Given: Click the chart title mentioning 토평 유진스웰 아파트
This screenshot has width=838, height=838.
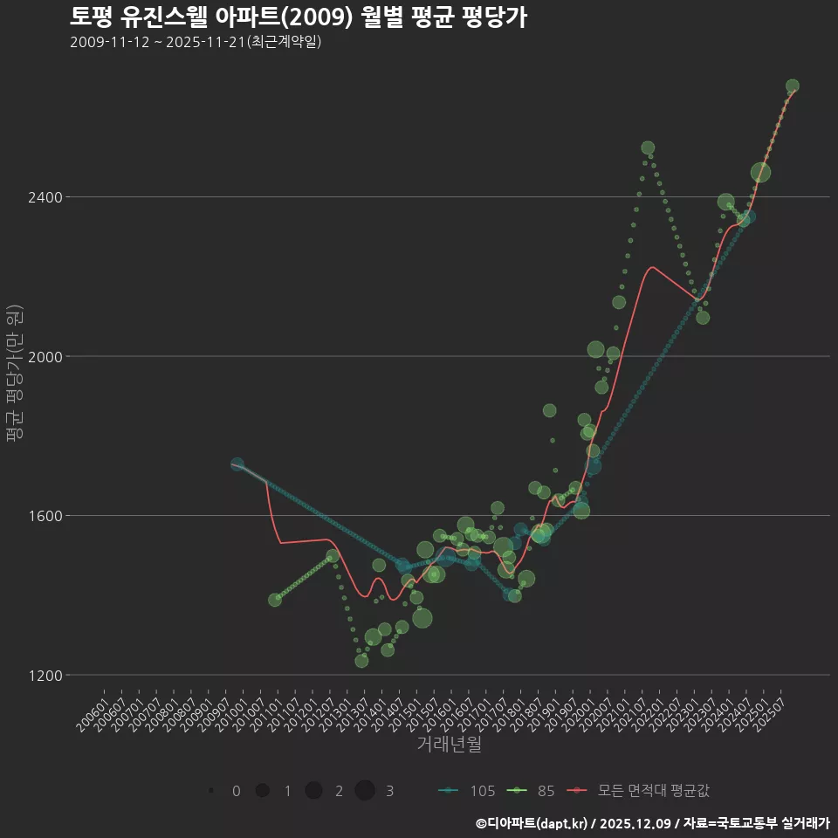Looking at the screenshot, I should [x=298, y=17].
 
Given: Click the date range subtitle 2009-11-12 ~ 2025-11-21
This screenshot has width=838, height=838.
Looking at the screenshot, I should [x=196, y=41].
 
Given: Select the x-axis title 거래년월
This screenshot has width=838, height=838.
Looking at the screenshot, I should [x=449, y=745].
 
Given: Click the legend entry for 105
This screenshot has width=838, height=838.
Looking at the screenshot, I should [x=467, y=791].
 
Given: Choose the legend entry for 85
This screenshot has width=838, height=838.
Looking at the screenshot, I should [x=534, y=791].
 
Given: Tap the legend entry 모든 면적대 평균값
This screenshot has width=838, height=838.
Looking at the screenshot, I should [x=639, y=791].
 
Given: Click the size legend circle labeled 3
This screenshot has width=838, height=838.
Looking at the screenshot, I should [x=365, y=791].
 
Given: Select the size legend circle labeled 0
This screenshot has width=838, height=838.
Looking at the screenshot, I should [x=212, y=791].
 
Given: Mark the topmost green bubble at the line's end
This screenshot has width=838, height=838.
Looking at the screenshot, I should [x=792, y=86].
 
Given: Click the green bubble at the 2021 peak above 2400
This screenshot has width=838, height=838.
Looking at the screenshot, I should [x=648, y=148].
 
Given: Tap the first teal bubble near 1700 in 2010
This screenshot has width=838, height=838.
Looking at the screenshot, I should [x=237, y=464].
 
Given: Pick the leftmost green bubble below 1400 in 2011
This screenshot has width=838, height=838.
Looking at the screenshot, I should [x=275, y=600].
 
